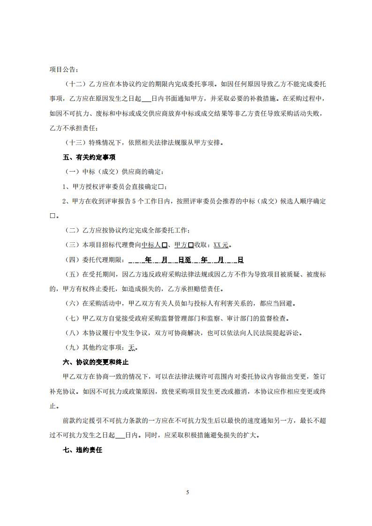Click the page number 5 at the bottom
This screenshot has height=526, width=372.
(187, 492)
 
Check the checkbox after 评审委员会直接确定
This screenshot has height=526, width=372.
(160, 187)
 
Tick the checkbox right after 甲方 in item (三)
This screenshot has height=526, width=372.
(191, 245)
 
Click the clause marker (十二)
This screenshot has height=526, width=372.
(72, 84)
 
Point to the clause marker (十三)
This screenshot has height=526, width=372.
(72, 143)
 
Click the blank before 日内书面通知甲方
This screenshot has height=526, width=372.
(146, 99)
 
